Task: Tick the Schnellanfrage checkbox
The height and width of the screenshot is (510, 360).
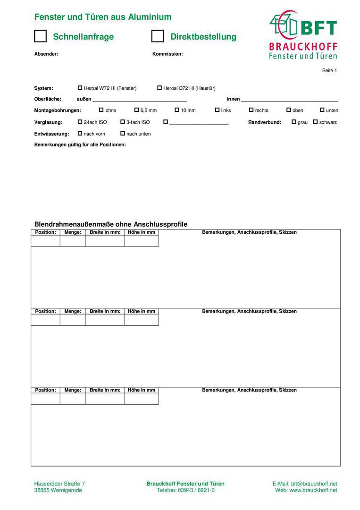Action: pyautogui.click(x=41, y=36)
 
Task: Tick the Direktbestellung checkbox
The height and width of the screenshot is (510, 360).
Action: pyautogui.click(x=158, y=36)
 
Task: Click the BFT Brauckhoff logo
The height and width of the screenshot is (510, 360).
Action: pyautogui.click(x=303, y=35)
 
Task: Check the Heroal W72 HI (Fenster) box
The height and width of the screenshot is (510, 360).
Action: pyautogui.click(x=80, y=88)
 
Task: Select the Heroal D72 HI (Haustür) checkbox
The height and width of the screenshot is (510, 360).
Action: pyautogui.click(x=159, y=88)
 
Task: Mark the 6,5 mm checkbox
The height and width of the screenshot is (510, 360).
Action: pyautogui.click(x=137, y=110)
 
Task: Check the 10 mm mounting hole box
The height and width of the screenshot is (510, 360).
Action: pyautogui.click(x=177, y=110)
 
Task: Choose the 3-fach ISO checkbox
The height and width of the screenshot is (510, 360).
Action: pyautogui.click(x=123, y=122)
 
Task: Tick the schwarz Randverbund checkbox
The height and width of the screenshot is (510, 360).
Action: pyautogui.click(x=315, y=122)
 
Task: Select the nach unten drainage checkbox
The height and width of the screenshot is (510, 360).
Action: pyautogui.click(x=123, y=134)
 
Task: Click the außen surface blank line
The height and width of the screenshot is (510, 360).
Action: pyautogui.click(x=140, y=100)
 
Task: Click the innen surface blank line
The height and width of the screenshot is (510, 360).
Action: pyautogui.click(x=289, y=100)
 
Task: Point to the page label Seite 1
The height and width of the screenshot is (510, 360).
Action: pyautogui.click(x=329, y=70)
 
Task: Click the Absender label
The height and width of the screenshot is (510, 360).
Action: pyautogui.click(x=46, y=54)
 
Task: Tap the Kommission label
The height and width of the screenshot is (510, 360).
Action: pyautogui.click(x=167, y=54)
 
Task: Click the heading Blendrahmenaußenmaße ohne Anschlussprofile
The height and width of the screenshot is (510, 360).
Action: pyautogui.click(x=111, y=224)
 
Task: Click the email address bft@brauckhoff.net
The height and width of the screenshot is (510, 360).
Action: pyautogui.click(x=313, y=484)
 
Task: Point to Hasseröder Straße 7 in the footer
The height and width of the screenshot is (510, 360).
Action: pyautogui.click(x=59, y=484)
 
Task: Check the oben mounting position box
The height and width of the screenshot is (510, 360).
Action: pyautogui.click(x=289, y=110)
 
